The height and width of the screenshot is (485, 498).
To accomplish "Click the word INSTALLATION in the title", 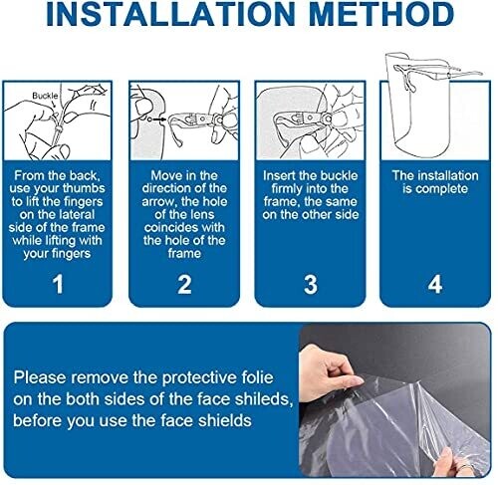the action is (170, 14).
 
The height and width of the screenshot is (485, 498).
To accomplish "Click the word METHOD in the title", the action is (381, 14).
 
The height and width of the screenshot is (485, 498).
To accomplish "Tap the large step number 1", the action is (58, 284).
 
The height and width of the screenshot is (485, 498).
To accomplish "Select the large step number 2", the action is (184, 284).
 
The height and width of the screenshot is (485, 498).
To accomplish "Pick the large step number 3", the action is (311, 284).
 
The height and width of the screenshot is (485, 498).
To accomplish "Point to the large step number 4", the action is (435, 284).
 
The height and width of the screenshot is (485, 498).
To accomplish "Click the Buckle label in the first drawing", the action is (45, 96).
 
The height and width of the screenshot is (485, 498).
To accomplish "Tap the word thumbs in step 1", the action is (84, 188).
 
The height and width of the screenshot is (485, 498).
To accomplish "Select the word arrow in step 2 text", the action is (157, 202).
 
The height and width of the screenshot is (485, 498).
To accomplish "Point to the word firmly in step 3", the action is (287, 189).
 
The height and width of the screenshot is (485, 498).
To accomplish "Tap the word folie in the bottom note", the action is (258, 377).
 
